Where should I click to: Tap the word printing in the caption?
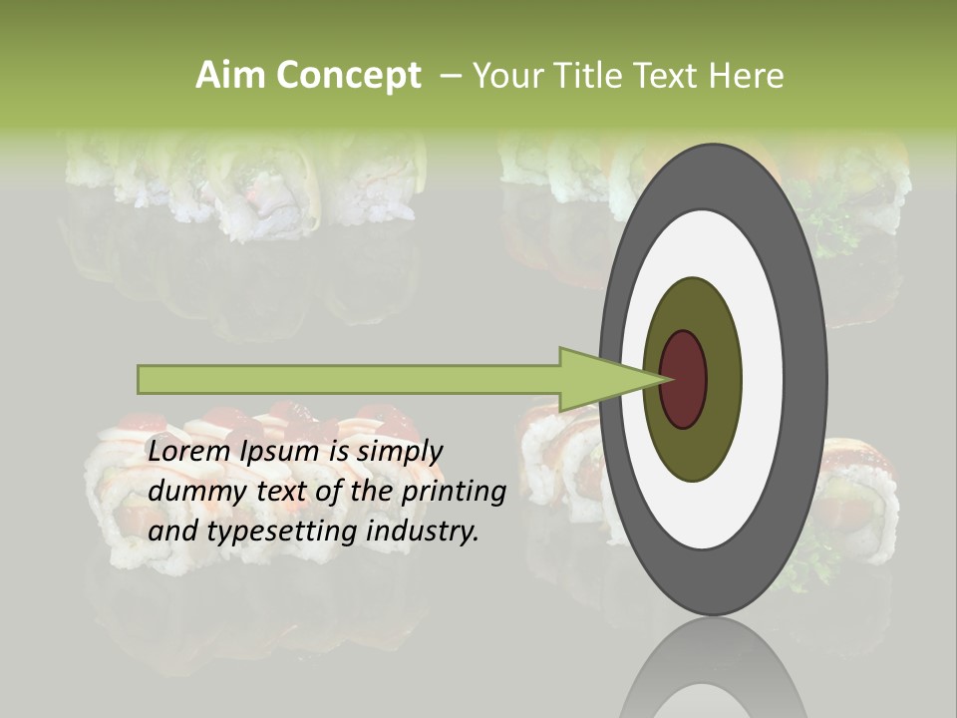pos(453,493)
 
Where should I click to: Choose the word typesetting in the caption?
pos(284,533)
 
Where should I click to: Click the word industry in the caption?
pos(423,532)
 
